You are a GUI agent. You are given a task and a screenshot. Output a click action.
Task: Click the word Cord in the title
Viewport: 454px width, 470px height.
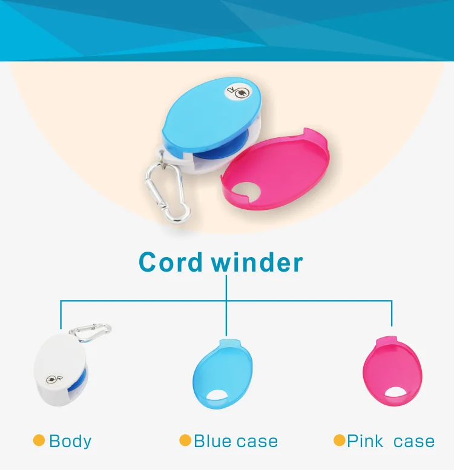pos(171,262)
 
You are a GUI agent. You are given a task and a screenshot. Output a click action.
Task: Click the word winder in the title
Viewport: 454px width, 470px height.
pos(257,262)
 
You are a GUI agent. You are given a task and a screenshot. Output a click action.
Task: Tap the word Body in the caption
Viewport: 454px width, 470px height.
pos(70,442)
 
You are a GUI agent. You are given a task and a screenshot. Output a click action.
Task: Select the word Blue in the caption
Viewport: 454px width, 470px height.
pos(212,441)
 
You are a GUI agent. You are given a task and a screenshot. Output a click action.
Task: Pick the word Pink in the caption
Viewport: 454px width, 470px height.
pos(365,441)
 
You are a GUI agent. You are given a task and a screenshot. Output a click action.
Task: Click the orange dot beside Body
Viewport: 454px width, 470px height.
pos(39,440)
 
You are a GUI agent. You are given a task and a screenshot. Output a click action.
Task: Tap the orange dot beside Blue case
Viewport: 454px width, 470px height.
pos(185,440)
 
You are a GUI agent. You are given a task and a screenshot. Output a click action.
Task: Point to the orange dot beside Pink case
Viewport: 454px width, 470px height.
pos(339,440)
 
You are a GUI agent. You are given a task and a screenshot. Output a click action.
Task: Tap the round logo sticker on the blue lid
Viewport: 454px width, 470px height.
pos(237,91)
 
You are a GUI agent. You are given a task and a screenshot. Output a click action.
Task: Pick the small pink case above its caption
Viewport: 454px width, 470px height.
pos(392,371)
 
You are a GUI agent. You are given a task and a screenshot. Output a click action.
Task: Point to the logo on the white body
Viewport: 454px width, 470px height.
pos(54,379)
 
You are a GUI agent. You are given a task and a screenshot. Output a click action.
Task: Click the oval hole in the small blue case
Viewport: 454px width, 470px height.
pos(217,395)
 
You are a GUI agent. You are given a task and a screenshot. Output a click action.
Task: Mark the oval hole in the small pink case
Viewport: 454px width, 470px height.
pos(395,392)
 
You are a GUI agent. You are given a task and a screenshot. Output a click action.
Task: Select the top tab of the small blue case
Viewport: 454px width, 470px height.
pos(230,342)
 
